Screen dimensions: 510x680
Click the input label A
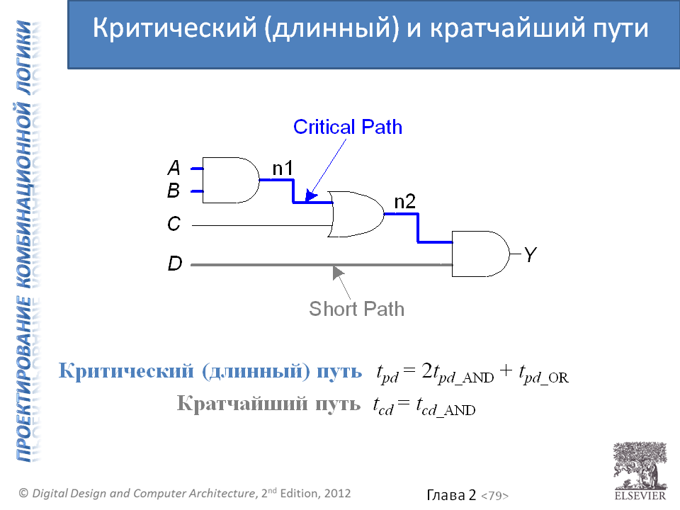click(174, 168)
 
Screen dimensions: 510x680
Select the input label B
click(174, 191)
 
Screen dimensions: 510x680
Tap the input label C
click(174, 225)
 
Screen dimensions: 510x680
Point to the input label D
click(174, 264)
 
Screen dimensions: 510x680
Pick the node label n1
click(283, 168)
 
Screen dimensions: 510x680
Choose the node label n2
click(404, 202)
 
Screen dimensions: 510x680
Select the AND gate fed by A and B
click(230, 180)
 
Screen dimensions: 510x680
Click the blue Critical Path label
click(348, 127)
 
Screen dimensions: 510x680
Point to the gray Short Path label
click(357, 309)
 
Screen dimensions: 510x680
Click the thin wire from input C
click(262, 225)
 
